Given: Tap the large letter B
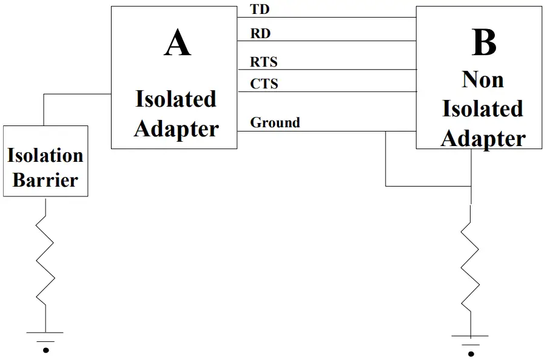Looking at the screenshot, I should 483,43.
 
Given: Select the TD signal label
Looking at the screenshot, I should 260,10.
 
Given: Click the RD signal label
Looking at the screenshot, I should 260,34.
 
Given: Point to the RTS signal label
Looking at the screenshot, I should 264,62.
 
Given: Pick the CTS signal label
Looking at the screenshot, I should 264,84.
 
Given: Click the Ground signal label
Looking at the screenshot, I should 275,122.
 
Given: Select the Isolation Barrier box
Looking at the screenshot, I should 45,161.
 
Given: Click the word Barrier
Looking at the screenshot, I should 45,180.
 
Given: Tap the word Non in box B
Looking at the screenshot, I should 483,79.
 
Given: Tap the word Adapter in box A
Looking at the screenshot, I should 176,128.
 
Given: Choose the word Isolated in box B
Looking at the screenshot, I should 483,108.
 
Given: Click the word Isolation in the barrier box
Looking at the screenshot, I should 45,155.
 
